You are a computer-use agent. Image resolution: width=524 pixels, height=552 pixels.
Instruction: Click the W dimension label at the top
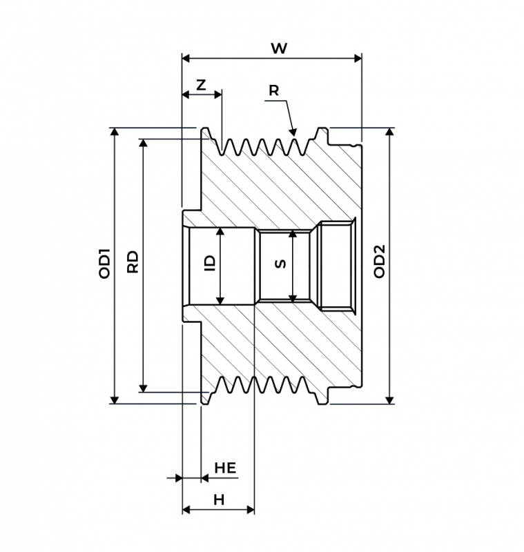pyautogui.click(x=279, y=48)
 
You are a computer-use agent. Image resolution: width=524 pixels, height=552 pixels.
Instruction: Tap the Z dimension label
pyautogui.click(x=201, y=85)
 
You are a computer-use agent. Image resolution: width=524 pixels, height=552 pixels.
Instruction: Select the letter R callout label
pyautogui.click(x=273, y=90)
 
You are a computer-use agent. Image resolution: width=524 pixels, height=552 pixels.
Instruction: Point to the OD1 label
pyautogui.click(x=104, y=264)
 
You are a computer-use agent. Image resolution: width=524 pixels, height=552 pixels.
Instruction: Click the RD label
pyautogui.click(x=133, y=262)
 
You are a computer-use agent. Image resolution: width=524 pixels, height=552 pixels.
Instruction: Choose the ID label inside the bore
pyautogui.click(x=210, y=263)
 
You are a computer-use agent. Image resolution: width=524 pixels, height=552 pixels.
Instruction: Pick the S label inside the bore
pyautogui.click(x=280, y=264)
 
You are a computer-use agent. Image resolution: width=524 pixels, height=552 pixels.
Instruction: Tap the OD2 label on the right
pyautogui.click(x=379, y=262)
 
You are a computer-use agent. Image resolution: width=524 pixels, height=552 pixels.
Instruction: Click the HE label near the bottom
pyautogui.click(x=225, y=468)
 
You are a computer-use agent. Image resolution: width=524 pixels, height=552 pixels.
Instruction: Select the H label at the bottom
pyautogui.click(x=219, y=500)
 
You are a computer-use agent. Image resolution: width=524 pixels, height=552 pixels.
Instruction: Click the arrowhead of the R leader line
pyautogui.click(x=293, y=132)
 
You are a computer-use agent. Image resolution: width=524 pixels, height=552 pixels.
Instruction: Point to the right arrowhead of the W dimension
pyautogui.click(x=358, y=58)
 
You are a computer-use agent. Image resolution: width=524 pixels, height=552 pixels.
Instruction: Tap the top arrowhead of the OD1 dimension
pyautogui.click(x=115, y=132)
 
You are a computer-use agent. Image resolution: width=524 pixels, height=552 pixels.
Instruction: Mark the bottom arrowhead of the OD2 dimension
pyautogui.click(x=389, y=400)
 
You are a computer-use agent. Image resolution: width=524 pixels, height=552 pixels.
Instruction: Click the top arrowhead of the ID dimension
pyautogui.click(x=220, y=231)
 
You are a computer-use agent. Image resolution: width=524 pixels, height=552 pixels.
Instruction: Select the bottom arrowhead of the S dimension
pyautogui.click(x=292, y=298)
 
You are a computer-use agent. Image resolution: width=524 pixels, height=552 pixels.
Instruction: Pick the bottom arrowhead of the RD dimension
pyautogui.click(x=143, y=388)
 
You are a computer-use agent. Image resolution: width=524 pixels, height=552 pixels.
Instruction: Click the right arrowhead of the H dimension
pyautogui.click(x=250, y=509)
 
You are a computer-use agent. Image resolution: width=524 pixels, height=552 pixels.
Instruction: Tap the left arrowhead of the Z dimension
pyautogui.click(x=186, y=95)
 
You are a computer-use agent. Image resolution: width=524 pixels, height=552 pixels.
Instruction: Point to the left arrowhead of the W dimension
pyautogui.click(x=186, y=58)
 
